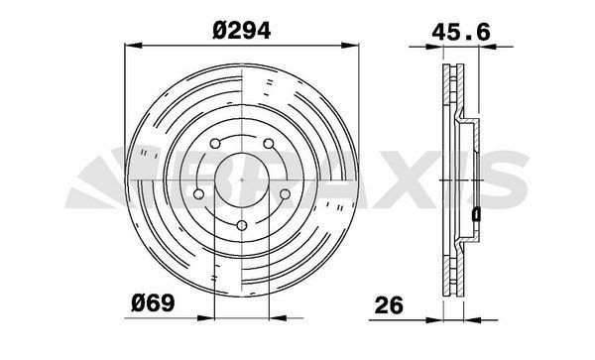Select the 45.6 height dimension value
point(461,31)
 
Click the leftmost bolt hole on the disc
point(200,194)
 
